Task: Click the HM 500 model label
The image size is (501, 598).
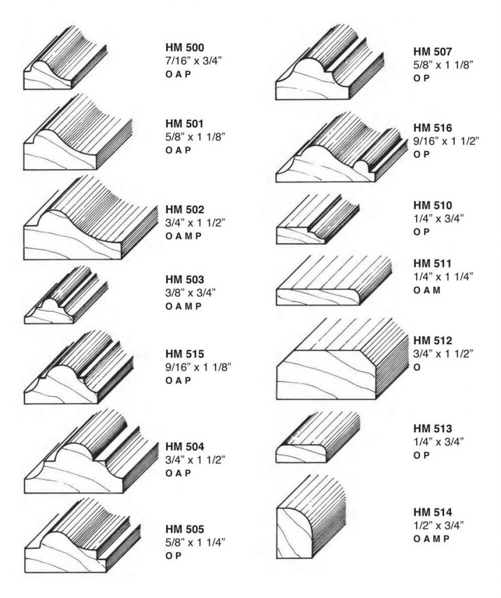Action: point(185,47)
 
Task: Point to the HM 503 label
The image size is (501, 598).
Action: point(185,280)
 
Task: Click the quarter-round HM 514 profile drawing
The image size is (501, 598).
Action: point(311,517)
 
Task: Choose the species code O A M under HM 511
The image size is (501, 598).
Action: point(427,290)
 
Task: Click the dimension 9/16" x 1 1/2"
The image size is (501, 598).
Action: point(446,141)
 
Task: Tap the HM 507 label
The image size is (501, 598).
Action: point(433,51)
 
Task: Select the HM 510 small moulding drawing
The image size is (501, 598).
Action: point(318,219)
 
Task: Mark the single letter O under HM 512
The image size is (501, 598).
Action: point(417,367)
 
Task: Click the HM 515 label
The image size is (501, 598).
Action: point(185,354)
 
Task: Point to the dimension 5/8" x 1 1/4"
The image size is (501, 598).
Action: point(196,543)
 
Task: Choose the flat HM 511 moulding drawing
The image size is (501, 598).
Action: point(334,280)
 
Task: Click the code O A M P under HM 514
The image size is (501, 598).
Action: point(432,539)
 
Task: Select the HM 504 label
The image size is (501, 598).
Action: point(185,447)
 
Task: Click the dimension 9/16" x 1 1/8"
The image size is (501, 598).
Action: point(199,367)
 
